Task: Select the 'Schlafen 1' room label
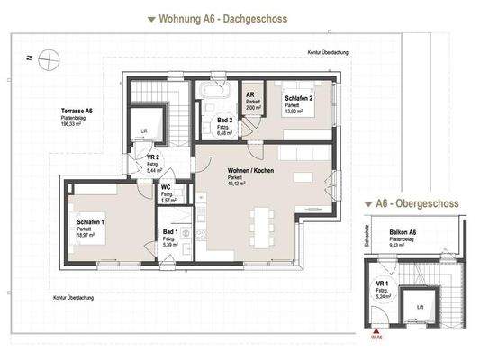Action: tap(90, 221)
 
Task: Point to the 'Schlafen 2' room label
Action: tap(299, 99)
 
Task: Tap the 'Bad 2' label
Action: tap(225, 120)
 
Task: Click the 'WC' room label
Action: tap(166, 187)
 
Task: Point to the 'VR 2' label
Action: tap(153, 157)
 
